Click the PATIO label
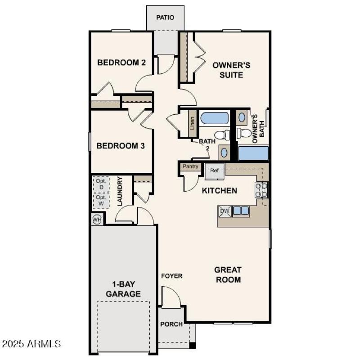(x=165, y=18)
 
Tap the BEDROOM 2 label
(x=121, y=63)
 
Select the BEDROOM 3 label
(x=121, y=146)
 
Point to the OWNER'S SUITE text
(x=231, y=70)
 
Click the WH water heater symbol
(x=97, y=219)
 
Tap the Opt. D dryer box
(x=101, y=184)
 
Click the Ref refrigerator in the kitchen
(x=215, y=171)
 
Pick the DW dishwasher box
(x=224, y=211)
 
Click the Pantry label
(x=190, y=166)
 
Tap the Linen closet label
(x=192, y=123)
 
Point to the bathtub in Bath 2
(x=215, y=118)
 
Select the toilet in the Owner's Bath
(x=243, y=133)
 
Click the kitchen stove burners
(x=261, y=190)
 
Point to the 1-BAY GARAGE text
(x=123, y=289)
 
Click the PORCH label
(x=171, y=324)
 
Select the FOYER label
(x=172, y=276)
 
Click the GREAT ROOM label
(x=228, y=274)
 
